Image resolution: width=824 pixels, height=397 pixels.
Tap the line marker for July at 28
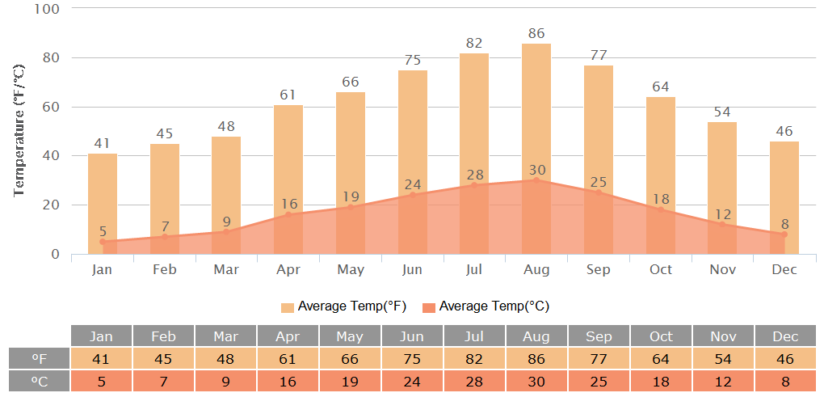click(474, 185)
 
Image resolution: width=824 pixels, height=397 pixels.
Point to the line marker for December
click(784, 234)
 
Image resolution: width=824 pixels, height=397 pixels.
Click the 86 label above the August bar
click(536, 34)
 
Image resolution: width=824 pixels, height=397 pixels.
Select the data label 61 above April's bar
click(288, 95)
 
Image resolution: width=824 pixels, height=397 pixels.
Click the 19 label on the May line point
click(351, 196)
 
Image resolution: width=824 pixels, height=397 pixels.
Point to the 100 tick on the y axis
click(48, 9)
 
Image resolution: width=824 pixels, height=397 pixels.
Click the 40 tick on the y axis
click(51, 156)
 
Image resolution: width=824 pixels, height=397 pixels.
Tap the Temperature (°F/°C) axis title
click(20, 132)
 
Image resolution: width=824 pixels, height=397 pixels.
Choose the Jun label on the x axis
click(412, 269)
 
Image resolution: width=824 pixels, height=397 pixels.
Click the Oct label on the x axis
click(660, 269)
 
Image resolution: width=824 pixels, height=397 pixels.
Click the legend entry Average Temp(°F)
click(343, 306)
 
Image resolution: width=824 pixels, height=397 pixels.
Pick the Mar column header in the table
click(225, 336)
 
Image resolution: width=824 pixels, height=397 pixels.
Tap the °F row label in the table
click(40, 358)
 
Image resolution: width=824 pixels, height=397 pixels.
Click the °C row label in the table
click(40, 380)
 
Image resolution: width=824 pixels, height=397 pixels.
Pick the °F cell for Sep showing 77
click(598, 358)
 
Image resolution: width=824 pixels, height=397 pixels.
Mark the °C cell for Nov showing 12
click(722, 380)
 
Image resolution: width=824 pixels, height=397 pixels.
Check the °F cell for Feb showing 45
click(163, 358)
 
